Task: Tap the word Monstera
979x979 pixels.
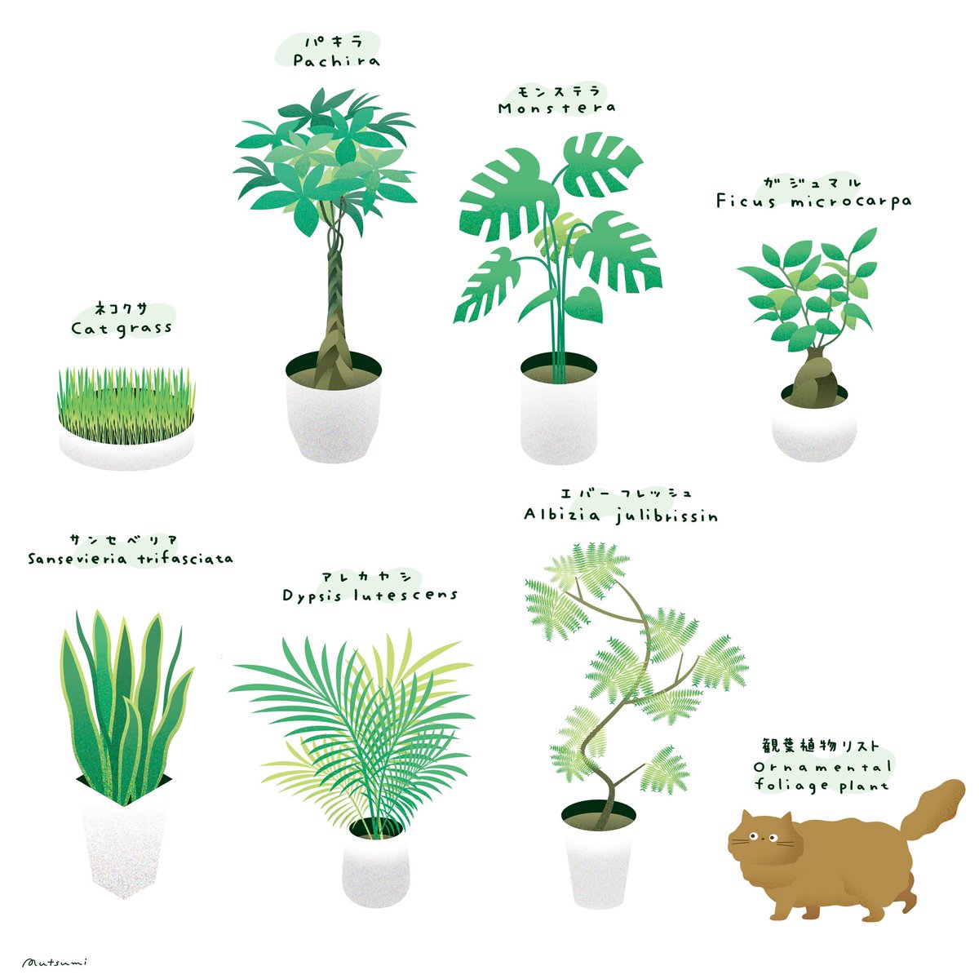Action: coord(556,108)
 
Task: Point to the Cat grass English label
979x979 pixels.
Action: coord(122,328)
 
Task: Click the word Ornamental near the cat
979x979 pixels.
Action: coord(823,768)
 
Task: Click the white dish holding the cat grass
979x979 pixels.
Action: coord(126,447)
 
